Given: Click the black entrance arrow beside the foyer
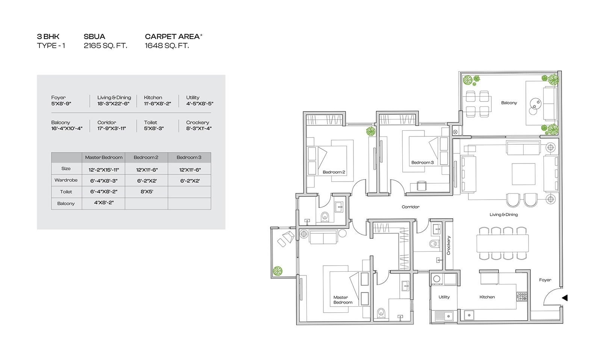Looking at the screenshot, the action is pos(565,298).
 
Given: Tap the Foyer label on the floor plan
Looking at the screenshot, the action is pos(545,280).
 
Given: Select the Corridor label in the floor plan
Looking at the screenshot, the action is pos(411,207).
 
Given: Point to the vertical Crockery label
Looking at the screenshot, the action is pos(448,245).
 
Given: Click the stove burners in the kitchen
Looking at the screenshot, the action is pos(522,296).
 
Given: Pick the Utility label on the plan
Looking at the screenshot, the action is pos(444,297).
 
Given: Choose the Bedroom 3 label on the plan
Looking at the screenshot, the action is pos(422,162).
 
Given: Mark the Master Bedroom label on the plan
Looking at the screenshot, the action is pos(343,300).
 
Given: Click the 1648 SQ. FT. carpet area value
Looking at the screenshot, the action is pos(167,45).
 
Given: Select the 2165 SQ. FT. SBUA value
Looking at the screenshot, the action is pos(105,45).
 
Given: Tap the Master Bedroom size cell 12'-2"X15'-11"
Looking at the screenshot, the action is pos(104,169).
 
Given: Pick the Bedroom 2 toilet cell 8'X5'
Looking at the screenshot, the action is pos(147,192).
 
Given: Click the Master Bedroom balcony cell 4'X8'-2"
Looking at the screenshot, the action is pos(104,203).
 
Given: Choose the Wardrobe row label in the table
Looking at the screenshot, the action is pos(66,180).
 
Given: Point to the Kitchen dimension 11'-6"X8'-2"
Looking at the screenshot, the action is pos(157,104).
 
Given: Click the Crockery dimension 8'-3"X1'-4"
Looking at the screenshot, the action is pos(199,128).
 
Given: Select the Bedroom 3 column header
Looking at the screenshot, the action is pos(189,157).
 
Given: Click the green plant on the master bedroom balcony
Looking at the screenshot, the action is pos(278,271).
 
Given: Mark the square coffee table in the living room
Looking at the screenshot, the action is pos(523,174).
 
